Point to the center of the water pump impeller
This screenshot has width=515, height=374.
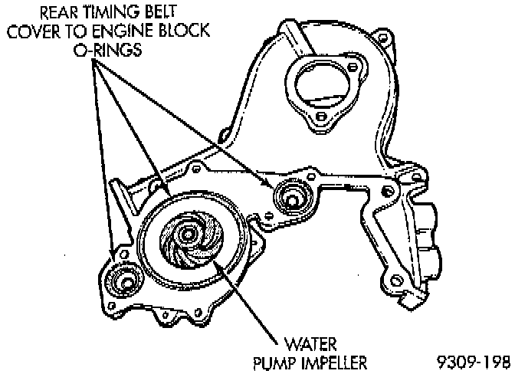[192, 240]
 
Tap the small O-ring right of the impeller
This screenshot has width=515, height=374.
[292, 197]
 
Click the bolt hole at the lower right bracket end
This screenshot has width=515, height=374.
[395, 277]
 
